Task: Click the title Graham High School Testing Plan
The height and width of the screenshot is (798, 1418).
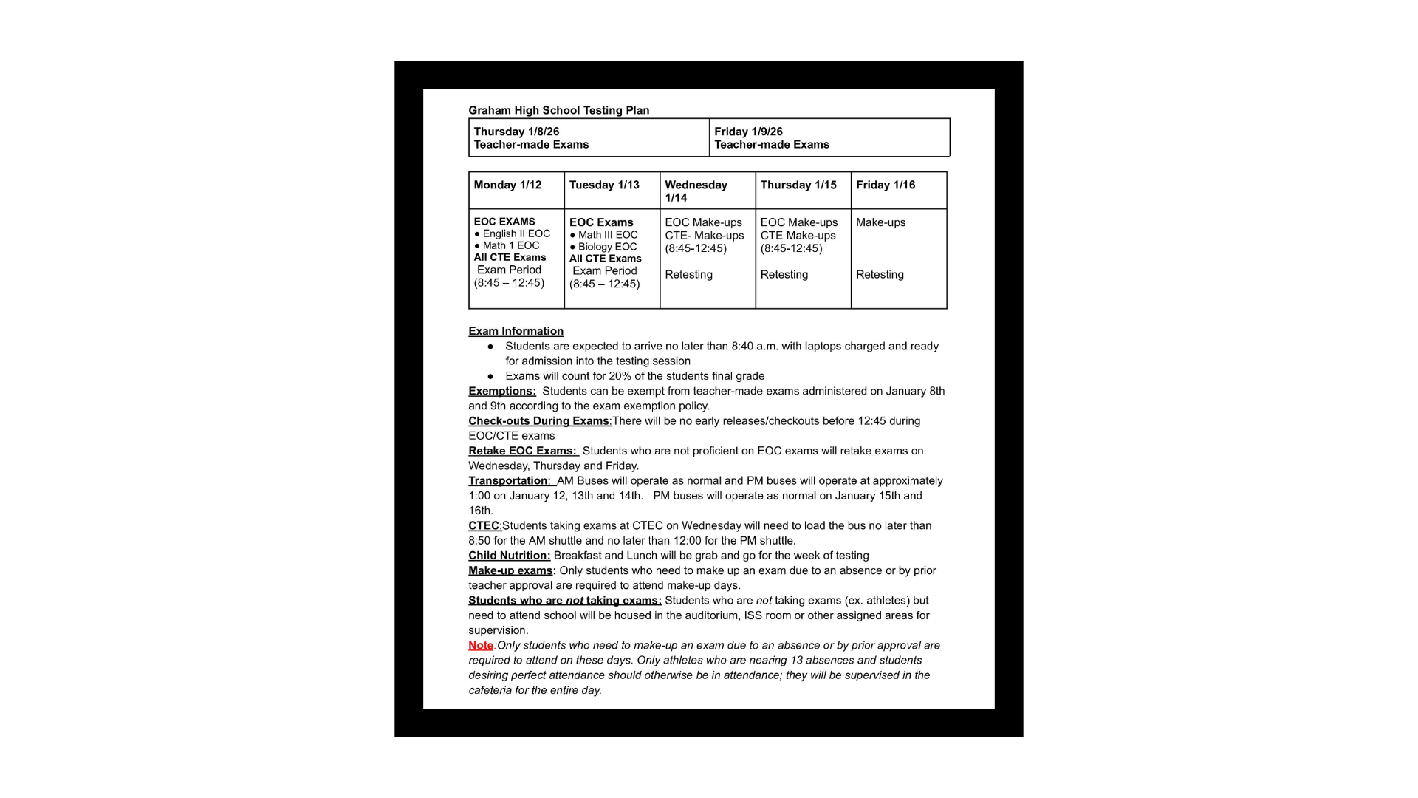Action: point(558,110)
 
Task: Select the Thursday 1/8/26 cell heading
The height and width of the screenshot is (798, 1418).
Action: point(516,132)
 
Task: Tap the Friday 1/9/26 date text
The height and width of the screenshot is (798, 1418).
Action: point(748,132)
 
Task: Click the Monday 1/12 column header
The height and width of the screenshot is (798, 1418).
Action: point(507,185)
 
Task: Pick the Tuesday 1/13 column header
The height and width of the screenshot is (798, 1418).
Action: point(604,185)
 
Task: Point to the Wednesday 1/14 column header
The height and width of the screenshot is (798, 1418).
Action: point(696,191)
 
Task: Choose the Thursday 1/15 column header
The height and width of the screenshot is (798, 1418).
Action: point(798,185)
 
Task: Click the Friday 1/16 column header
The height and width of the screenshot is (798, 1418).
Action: point(886,185)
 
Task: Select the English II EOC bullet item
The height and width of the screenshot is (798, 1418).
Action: point(516,233)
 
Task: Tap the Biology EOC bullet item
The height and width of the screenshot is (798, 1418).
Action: point(607,247)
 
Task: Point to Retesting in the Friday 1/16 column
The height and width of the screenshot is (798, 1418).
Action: point(880,274)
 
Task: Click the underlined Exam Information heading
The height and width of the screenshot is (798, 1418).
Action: point(516,331)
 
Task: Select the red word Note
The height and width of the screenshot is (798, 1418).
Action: point(481,645)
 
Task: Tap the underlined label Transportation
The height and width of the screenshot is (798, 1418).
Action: point(508,480)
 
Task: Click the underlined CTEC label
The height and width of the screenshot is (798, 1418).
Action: point(484,525)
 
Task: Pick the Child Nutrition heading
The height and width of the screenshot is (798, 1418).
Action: point(509,556)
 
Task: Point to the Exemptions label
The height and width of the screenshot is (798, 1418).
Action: point(501,391)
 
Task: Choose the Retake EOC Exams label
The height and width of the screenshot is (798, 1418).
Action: point(521,451)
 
